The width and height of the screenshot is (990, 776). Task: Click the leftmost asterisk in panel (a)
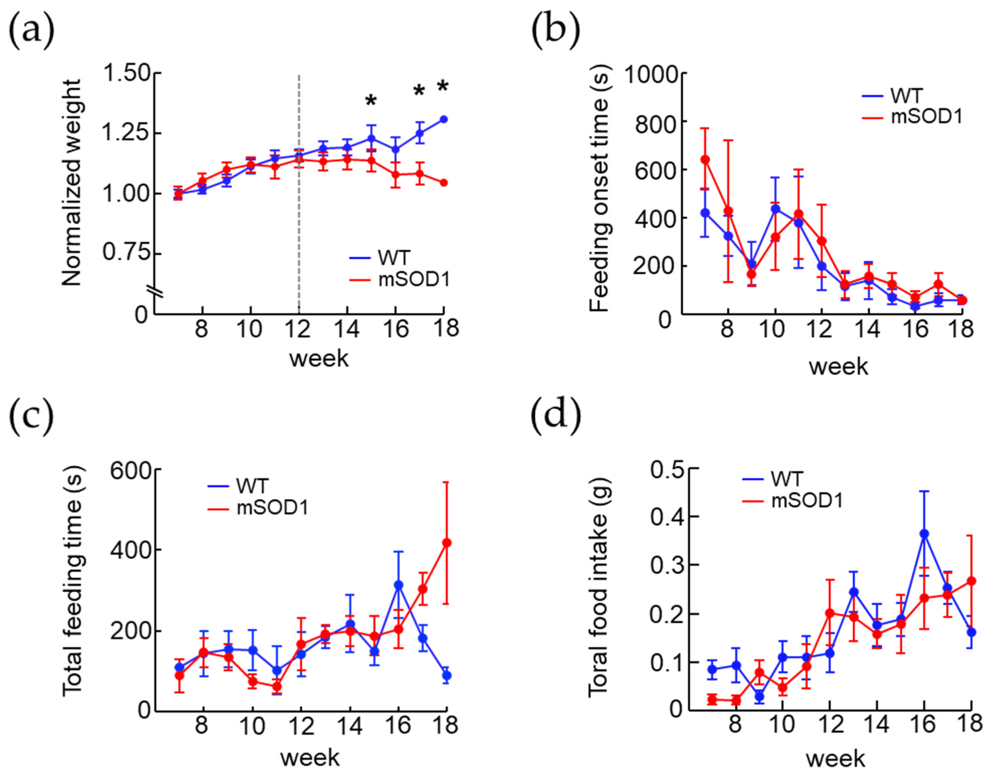pyautogui.click(x=371, y=100)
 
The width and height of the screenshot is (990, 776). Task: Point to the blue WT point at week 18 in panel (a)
pyautogui.click(x=444, y=119)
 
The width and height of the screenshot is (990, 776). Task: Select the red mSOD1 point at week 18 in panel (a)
pyautogui.click(x=444, y=183)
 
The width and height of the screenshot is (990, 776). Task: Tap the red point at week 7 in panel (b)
pyautogui.click(x=705, y=159)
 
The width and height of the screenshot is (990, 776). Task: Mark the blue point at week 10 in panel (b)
pyautogui.click(x=776, y=209)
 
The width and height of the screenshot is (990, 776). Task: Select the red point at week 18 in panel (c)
pyautogui.click(x=446, y=543)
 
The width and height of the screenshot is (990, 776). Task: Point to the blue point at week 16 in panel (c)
pyautogui.click(x=398, y=585)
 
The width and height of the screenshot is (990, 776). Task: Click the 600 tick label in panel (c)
pyautogui.click(x=130, y=471)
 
